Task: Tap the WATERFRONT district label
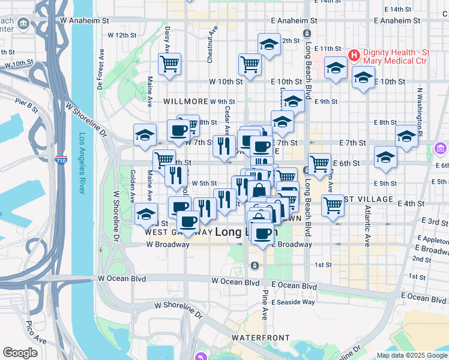point(261,338)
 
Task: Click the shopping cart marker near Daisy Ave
point(170,64)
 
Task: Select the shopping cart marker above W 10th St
point(249,64)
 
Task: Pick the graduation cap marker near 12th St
point(270,44)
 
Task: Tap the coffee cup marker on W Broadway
point(188,221)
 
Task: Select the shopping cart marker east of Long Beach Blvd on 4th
point(332,205)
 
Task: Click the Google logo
point(20,353)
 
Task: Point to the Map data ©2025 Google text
point(412,355)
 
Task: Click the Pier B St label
point(27,106)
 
